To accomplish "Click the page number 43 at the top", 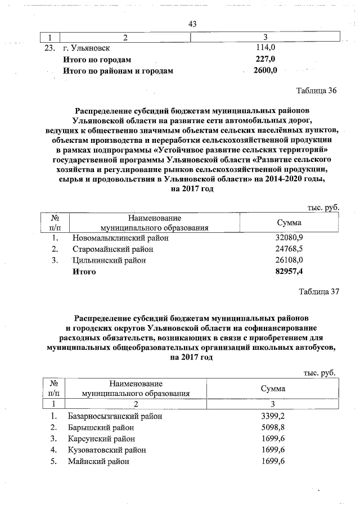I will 192,24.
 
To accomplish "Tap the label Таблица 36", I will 316,92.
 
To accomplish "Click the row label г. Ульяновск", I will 88,48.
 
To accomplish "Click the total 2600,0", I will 265,71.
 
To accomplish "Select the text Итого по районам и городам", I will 118,71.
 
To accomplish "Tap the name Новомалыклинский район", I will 120,238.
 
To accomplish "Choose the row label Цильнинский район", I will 109,260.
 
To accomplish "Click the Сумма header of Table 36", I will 289,223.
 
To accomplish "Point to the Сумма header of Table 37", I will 273,389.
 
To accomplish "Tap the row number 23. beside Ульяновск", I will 51,48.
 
